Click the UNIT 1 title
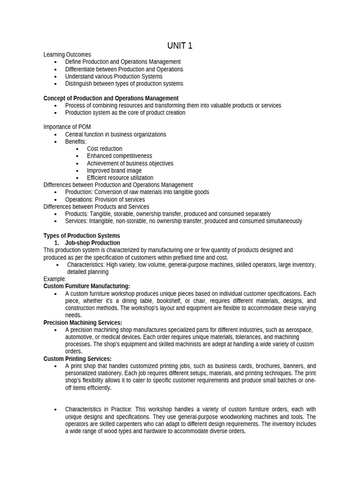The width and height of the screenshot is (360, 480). point(180,46)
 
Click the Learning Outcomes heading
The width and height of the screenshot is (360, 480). point(67,55)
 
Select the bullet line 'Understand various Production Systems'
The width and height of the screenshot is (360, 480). point(113,76)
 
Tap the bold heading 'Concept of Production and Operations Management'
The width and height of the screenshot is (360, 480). point(111,98)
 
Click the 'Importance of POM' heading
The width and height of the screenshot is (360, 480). point(67,127)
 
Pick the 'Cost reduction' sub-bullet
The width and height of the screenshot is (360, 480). point(104,149)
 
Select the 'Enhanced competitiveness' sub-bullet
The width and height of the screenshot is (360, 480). point(119,156)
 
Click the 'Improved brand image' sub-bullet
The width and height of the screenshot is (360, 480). point(114,171)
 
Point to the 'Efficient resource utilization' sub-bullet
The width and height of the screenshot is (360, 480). point(120,178)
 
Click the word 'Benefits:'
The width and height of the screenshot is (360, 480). point(75,142)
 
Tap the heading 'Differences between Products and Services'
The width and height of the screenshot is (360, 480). point(96,207)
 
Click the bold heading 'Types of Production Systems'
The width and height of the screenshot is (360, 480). point(82,236)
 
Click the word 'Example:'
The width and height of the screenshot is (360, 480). point(55,279)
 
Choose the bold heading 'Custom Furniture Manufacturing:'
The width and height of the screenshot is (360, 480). point(87,286)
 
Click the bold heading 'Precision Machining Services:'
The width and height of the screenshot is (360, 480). point(82,322)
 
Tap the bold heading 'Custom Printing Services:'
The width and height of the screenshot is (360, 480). point(77,359)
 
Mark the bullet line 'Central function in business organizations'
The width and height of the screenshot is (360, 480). point(115,135)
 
